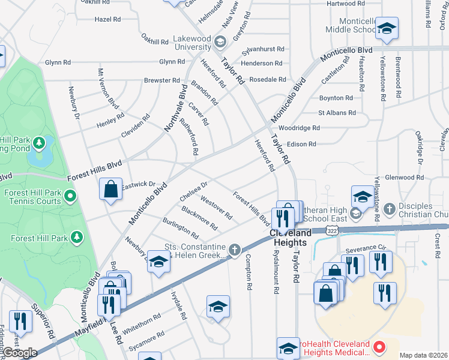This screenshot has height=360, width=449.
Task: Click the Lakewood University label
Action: coord(184,43)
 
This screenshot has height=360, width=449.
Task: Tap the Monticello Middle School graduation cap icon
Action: coord(387,28)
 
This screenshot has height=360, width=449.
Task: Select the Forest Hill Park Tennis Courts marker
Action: coord(70,196)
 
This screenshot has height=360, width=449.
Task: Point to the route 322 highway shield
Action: coord(331,230)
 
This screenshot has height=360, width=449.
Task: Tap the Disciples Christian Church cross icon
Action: coord(389,209)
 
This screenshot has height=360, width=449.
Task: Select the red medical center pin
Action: coord(379,347)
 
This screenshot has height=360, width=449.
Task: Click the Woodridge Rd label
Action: coord(298,128)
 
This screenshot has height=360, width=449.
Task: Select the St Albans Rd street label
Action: coord(337,113)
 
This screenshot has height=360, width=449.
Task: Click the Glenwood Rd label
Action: coord(404,178)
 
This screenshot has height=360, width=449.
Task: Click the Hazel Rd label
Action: coord(107,19)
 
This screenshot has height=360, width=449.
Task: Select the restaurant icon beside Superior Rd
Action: coord(21,321)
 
